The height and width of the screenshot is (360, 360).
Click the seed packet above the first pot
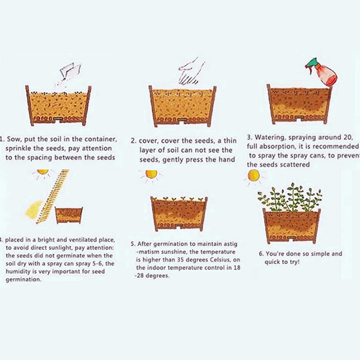coord(71,71)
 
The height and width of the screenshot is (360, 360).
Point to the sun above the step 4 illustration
coord(43,172)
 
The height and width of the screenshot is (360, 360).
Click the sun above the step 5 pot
coord(151,174)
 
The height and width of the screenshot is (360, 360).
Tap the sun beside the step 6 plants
coord(254,176)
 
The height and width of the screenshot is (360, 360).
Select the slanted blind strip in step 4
coord(53,197)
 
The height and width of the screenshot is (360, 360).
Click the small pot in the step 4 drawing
coord(69,216)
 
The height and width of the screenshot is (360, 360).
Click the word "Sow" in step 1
coord(13,139)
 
